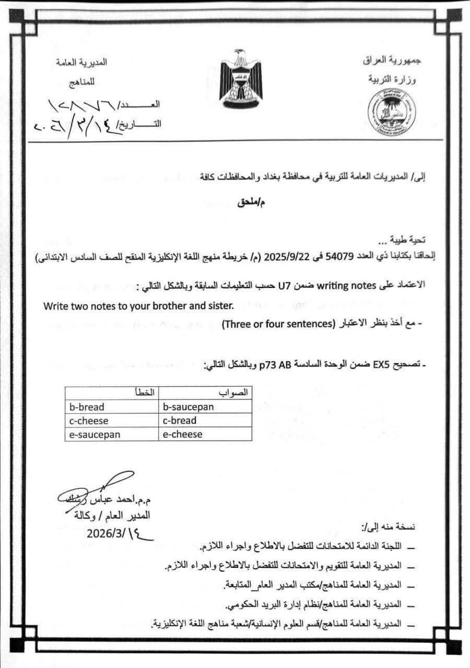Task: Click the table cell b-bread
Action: tap(87, 407)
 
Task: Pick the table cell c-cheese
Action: tap(90, 421)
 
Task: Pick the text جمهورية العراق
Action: tap(392, 60)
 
